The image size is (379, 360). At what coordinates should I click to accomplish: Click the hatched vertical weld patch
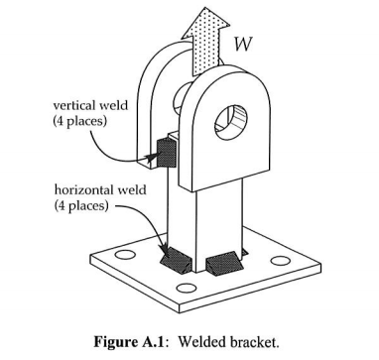point(164,149)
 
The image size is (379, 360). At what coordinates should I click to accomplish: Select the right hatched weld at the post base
point(224,263)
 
